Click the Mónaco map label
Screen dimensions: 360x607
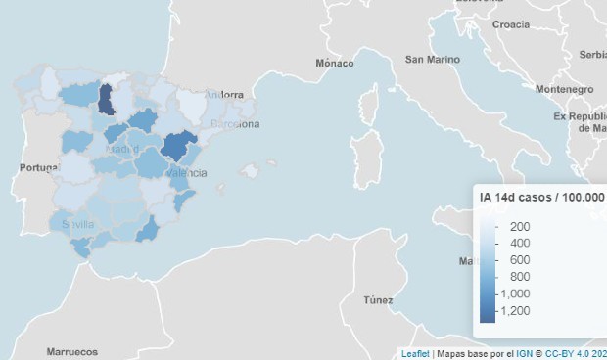coord(335,63)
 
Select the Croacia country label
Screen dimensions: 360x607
coord(511,24)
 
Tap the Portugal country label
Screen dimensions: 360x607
coord(39,168)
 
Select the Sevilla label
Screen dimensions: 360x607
coord(77,224)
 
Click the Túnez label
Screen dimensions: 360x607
coord(377,299)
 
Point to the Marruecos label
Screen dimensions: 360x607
coord(72,350)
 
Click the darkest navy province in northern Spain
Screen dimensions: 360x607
coord(106,102)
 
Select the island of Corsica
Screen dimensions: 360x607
coord(370,104)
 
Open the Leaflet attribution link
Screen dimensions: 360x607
coord(415,353)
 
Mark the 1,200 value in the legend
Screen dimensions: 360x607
coord(515,310)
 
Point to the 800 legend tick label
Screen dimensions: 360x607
coord(519,277)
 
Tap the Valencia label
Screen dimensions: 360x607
coord(186,172)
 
